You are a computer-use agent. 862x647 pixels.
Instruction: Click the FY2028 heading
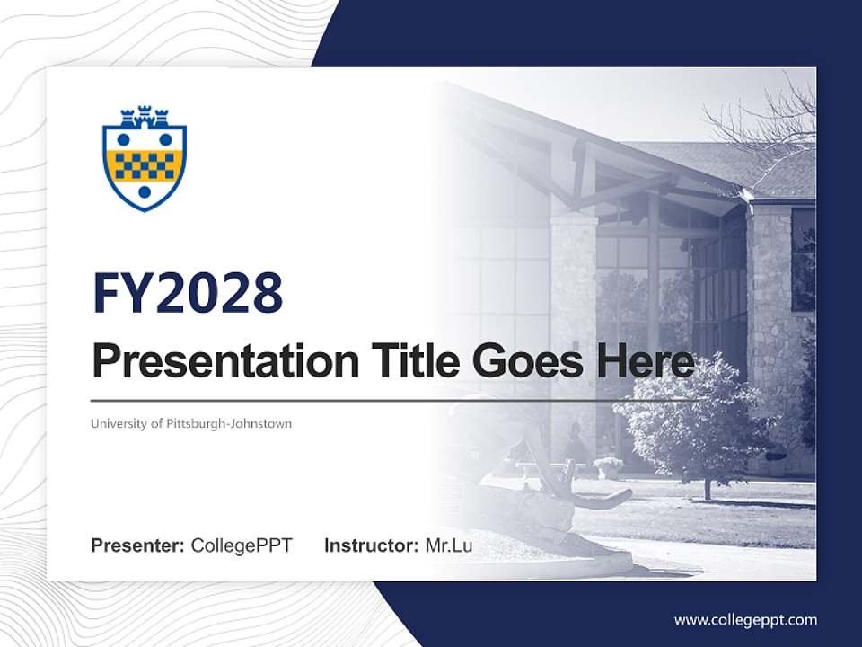(188, 293)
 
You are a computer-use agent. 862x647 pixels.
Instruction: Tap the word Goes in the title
(523, 361)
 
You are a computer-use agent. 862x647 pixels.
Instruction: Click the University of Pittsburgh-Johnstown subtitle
(190, 423)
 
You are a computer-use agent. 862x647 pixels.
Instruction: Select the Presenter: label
(138, 545)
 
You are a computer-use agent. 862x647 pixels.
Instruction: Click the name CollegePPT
(242, 545)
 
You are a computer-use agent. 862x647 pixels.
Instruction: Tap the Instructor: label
(371, 545)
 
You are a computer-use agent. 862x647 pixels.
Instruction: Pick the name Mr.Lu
(449, 545)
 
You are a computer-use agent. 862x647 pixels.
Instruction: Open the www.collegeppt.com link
(745, 619)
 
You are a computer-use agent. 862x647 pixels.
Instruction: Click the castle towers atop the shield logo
(145, 117)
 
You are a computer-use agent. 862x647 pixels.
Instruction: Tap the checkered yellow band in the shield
(145, 165)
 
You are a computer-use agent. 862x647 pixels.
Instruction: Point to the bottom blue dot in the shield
(145, 191)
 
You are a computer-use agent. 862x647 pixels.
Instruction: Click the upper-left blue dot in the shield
(124, 139)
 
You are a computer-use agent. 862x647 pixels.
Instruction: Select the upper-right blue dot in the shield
(165, 139)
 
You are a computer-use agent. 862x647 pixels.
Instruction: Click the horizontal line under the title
(395, 400)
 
